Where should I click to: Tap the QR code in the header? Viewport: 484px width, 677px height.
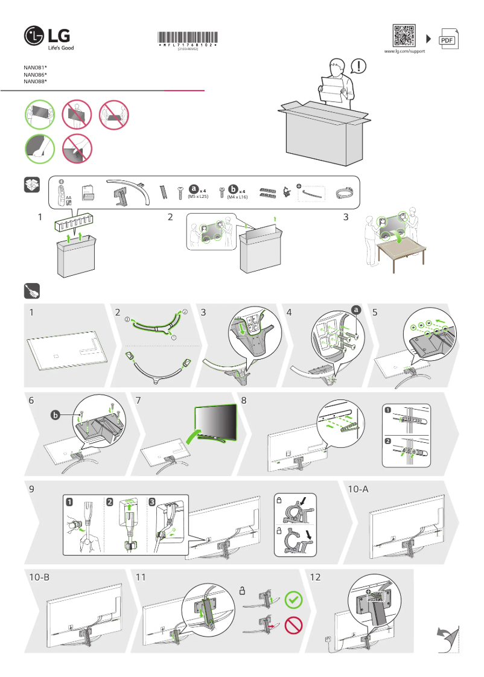[404, 36]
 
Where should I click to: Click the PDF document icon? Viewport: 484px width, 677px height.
[447, 39]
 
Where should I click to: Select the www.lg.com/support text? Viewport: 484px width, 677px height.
[404, 52]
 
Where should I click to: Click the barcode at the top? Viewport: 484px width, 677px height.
[188, 37]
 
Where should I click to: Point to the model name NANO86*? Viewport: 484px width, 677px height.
[36, 74]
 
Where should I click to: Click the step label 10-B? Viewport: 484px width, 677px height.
[39, 577]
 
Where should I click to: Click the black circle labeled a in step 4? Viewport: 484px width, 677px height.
[356, 310]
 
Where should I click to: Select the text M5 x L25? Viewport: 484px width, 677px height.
[199, 197]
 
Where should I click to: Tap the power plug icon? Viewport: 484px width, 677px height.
[32, 291]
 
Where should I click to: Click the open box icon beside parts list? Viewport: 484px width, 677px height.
[32, 185]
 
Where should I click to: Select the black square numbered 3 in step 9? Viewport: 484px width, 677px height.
[151, 501]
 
